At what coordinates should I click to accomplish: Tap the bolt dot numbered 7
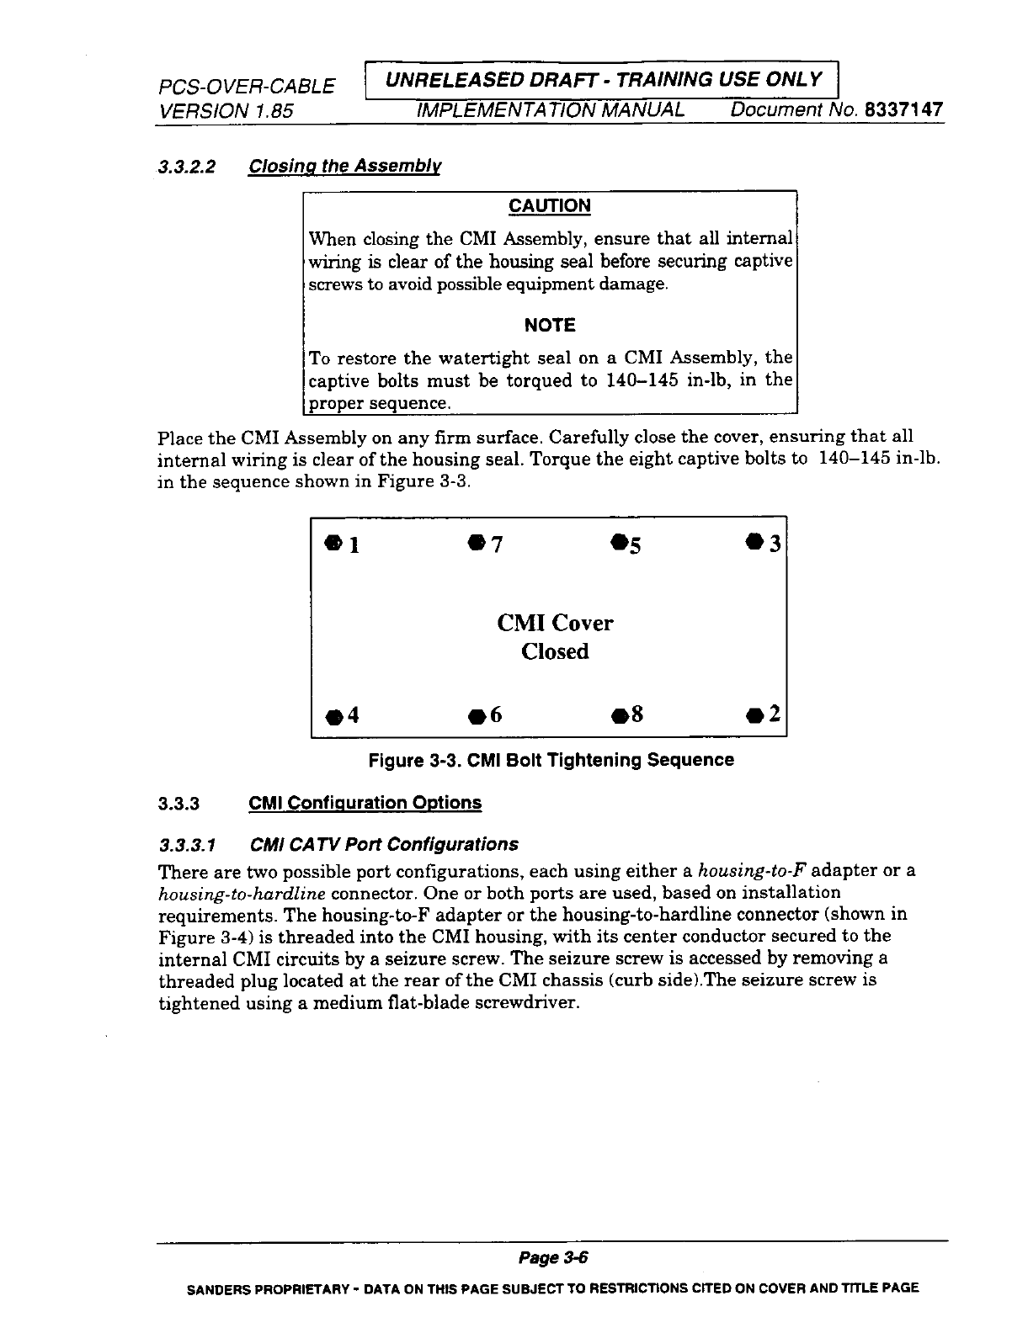pos(477,540)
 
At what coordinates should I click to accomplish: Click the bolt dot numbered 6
pos(476,717)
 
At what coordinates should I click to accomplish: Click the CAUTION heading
pos(550,206)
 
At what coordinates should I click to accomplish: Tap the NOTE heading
pos(550,325)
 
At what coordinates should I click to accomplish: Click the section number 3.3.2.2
pos(187,166)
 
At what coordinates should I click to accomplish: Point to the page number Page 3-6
pos(551,1257)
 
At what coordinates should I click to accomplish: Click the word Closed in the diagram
pos(555,651)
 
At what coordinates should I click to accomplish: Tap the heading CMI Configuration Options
pos(365,802)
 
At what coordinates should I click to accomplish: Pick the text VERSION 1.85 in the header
pos(225,110)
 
